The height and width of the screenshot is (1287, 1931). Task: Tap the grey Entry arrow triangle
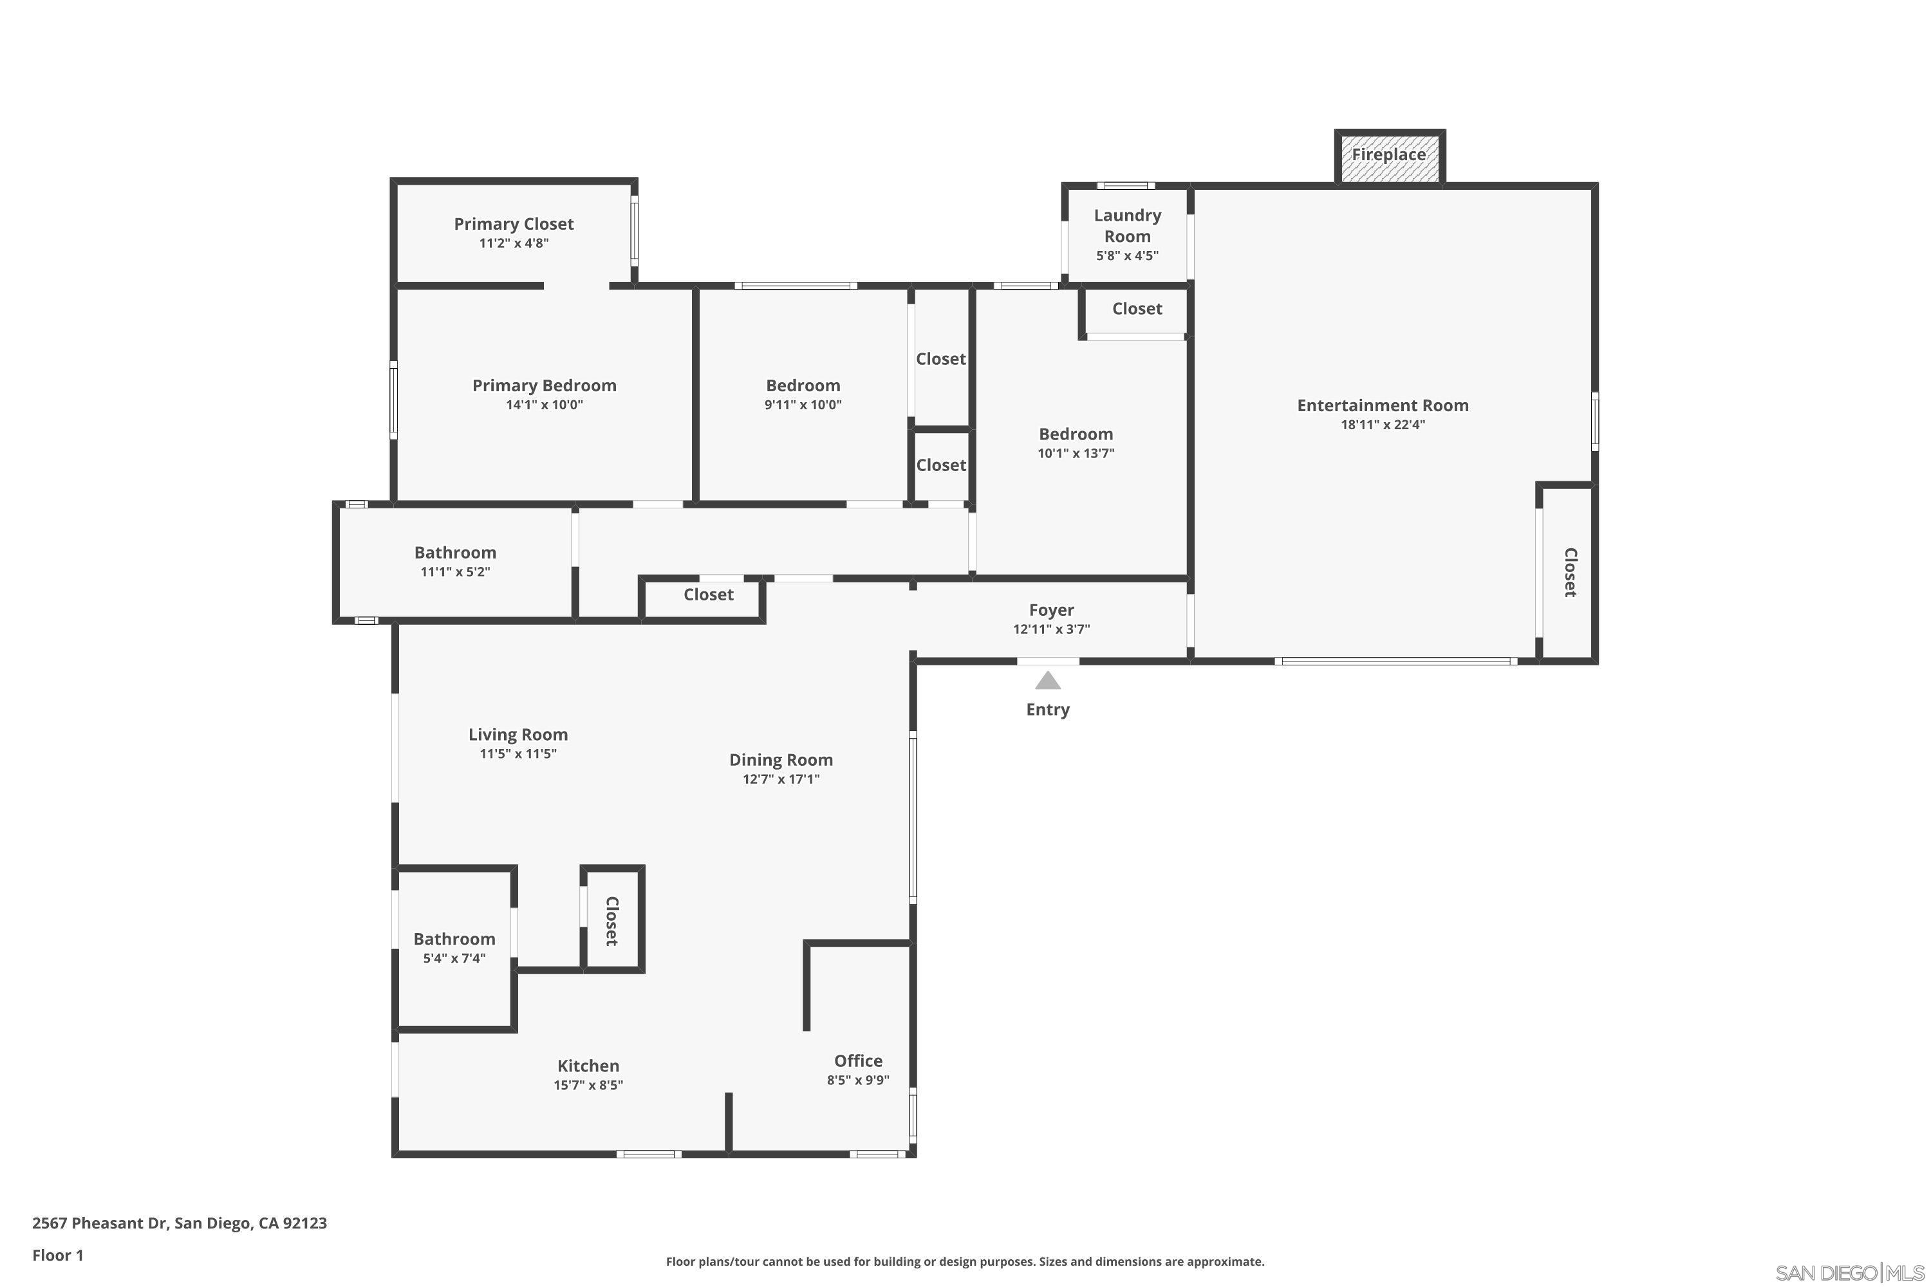1048,680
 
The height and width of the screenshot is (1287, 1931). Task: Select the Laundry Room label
1127,226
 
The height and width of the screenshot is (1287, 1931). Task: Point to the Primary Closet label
514,224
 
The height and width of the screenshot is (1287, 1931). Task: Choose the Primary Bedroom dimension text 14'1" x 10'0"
545,405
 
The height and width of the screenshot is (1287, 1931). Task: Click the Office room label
858,1061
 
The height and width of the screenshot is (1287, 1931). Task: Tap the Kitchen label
588,1066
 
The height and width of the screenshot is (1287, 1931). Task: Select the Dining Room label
781,760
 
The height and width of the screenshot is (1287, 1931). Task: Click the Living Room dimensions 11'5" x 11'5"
518,754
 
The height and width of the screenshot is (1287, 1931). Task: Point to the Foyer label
1051,610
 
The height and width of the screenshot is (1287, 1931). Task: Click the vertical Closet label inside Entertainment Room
1570,573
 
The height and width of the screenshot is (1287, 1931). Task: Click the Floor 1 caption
57,1255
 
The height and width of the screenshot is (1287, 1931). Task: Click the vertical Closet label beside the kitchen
611,921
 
